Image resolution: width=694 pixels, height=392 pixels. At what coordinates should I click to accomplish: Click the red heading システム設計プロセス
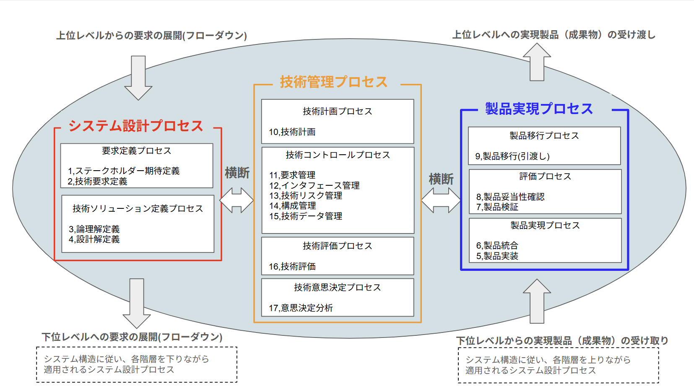click(x=136, y=126)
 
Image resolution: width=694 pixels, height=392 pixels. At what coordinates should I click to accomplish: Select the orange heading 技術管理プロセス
click(x=334, y=82)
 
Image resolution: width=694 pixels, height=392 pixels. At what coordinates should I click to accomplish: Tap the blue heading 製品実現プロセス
click(x=539, y=109)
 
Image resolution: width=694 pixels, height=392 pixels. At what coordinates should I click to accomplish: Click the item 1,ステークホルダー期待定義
click(x=124, y=171)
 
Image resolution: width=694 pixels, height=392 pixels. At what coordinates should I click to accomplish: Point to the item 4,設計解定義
click(x=94, y=239)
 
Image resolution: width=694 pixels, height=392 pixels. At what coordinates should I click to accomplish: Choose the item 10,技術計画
click(x=292, y=132)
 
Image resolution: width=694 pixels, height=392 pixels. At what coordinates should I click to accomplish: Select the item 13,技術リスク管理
click(x=306, y=196)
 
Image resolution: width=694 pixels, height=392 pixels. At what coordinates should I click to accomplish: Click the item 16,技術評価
click(x=292, y=267)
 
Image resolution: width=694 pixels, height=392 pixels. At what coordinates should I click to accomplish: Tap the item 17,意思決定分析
click(x=301, y=308)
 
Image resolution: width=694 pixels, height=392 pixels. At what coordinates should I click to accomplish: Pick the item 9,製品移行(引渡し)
click(x=512, y=156)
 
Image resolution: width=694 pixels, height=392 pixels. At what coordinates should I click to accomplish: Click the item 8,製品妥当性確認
click(x=510, y=197)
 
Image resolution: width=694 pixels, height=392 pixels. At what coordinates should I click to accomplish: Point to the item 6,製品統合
click(x=497, y=246)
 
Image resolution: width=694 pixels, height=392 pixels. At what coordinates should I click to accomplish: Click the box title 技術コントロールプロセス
click(x=338, y=155)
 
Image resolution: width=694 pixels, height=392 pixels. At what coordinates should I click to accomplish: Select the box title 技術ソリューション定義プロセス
click(x=138, y=209)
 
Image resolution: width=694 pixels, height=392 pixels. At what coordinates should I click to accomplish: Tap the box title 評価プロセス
click(x=545, y=177)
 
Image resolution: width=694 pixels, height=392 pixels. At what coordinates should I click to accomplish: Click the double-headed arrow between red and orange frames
click(x=237, y=200)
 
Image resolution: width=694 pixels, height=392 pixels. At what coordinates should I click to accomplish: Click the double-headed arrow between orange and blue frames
click(x=441, y=200)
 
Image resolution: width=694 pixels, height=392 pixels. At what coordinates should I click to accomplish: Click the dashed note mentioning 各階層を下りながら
click(x=137, y=364)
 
